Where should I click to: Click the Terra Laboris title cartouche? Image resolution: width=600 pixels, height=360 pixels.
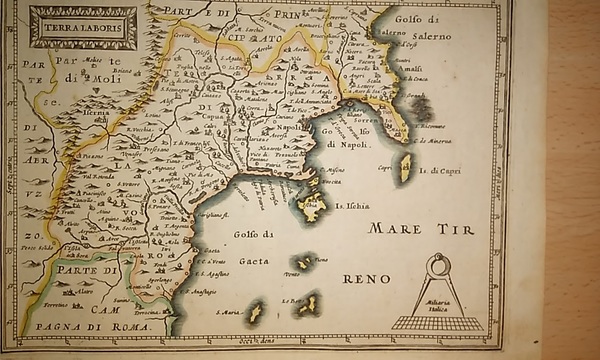tap(82, 27)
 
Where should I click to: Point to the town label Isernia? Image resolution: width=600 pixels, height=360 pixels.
tap(96, 113)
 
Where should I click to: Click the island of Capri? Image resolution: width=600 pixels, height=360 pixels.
tap(405, 168)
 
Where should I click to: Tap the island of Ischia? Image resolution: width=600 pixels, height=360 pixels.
tap(313, 206)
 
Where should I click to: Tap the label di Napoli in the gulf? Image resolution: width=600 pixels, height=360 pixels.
tap(346, 144)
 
